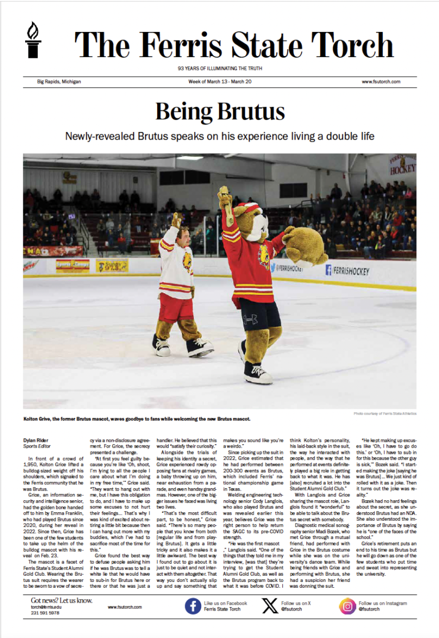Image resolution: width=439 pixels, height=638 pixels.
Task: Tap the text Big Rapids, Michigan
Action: (55, 82)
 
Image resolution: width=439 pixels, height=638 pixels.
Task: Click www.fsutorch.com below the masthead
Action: (381, 82)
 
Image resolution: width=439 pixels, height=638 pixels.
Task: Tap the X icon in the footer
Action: (270, 607)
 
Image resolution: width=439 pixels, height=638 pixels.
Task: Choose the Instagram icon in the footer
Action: (347, 607)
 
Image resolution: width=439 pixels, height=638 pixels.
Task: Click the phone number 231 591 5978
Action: (45, 613)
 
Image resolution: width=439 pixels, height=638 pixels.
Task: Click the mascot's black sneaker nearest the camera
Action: (258, 372)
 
